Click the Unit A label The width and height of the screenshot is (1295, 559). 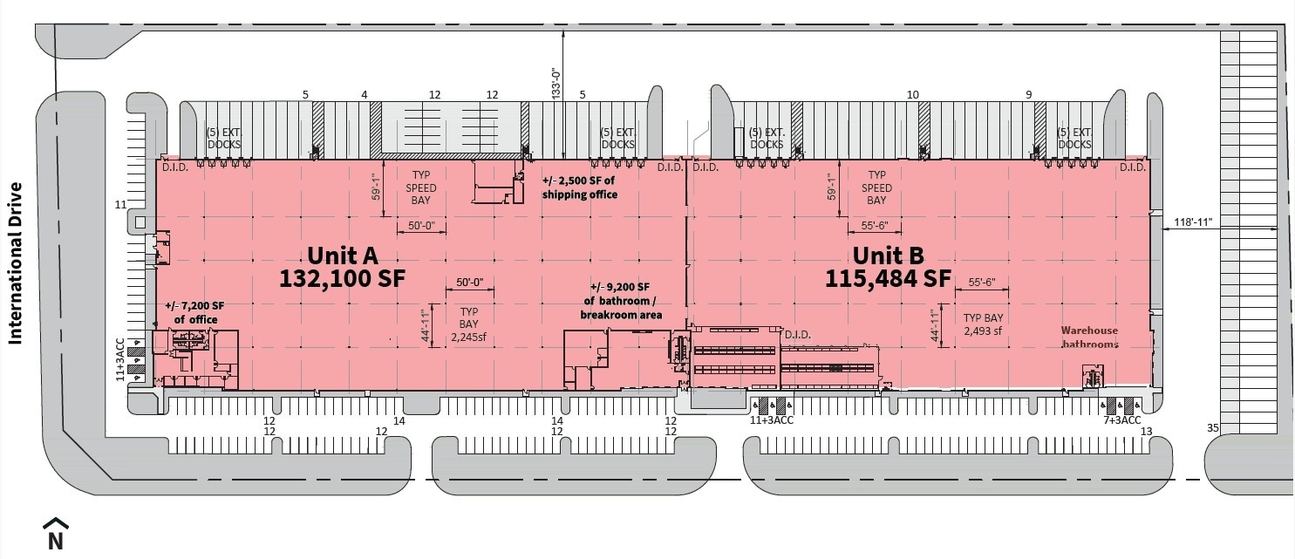343,255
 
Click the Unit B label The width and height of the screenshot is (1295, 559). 888,255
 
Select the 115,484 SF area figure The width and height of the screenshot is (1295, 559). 888,279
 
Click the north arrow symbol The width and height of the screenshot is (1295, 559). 55,534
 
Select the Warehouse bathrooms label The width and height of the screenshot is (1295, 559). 1089,337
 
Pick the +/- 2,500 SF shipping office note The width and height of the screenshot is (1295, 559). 580,187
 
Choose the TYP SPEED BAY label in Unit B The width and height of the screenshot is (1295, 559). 876,187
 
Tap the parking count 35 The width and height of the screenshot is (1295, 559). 1212,427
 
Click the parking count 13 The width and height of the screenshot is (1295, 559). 1146,432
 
